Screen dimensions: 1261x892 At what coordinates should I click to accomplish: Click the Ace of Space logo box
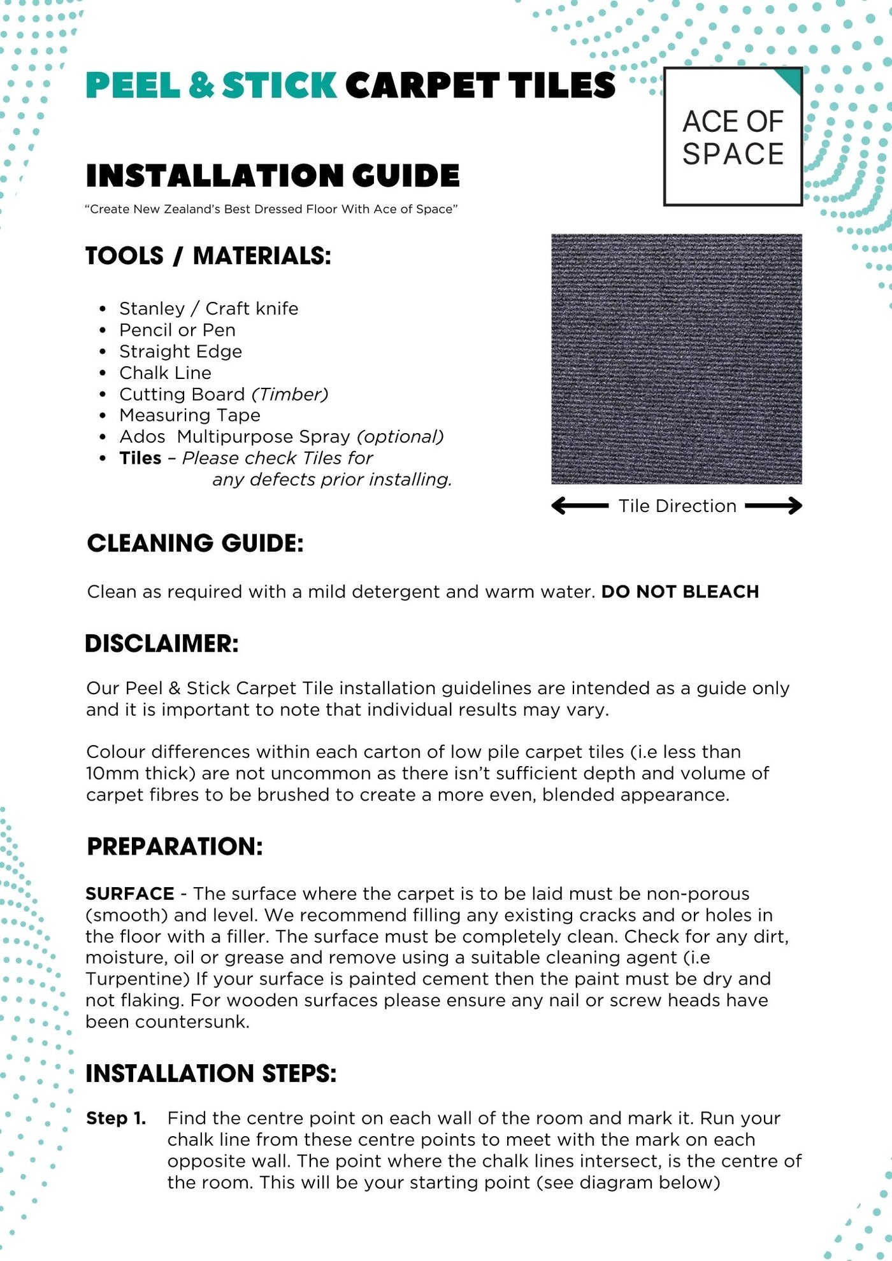coord(733,137)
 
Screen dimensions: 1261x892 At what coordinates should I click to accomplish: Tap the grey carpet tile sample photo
coord(676,359)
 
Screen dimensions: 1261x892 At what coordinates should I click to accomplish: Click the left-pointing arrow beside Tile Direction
coord(579,506)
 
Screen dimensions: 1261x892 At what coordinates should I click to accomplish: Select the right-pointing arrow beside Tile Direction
coord(773,506)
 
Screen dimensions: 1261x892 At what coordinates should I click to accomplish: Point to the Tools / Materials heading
coord(208,256)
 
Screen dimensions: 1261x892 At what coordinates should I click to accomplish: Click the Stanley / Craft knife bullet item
coord(208,308)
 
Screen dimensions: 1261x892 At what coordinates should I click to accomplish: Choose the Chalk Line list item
coord(165,373)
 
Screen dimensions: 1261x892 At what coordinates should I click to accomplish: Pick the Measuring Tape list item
coord(190,415)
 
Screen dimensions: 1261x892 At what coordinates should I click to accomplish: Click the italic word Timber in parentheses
coord(290,394)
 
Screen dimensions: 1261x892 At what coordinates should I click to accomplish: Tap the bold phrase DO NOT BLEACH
coord(680,592)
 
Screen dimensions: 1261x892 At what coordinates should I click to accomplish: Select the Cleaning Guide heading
coord(195,543)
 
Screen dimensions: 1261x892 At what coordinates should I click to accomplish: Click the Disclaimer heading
coord(162,644)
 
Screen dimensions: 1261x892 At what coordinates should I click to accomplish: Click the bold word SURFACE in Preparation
coord(130,894)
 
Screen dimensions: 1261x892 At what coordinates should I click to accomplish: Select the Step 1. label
coord(116,1118)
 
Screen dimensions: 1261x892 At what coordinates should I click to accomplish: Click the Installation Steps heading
coord(211,1074)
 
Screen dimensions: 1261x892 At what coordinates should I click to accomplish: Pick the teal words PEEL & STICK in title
coord(211,85)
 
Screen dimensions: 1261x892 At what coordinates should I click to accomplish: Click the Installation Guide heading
coord(273,176)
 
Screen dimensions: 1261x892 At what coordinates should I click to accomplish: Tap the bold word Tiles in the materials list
coord(140,458)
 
